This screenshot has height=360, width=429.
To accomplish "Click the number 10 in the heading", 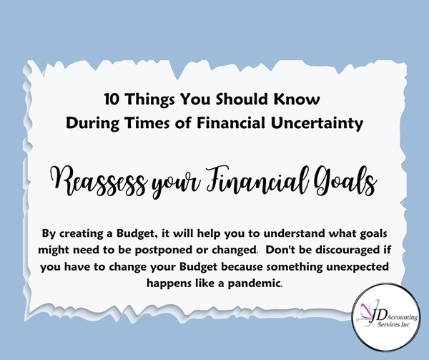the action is tap(112, 99).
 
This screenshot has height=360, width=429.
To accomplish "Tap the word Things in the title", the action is tap(150, 100).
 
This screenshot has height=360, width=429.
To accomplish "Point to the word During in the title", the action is tap(92, 124).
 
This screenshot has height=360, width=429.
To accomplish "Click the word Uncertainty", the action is tap(317, 124).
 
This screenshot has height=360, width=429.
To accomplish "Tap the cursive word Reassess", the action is tap(98, 181).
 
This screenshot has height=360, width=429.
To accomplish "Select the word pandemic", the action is tap(255, 283).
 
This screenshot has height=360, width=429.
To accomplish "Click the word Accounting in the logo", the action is tap(403, 317).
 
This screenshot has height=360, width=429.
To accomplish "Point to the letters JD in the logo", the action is tap(378, 316).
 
